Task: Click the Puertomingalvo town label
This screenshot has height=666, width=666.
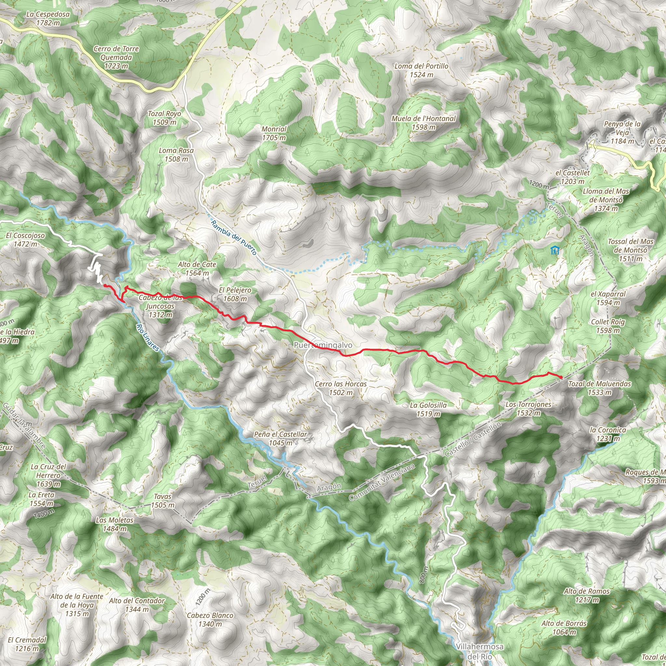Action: (x=323, y=345)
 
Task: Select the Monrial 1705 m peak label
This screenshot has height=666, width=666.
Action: (x=274, y=133)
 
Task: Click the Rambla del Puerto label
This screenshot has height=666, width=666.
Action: (x=234, y=238)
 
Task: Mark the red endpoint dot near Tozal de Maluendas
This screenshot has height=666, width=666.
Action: (x=561, y=378)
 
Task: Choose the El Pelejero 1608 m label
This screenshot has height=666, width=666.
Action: (x=235, y=294)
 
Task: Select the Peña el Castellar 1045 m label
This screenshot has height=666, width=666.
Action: (x=281, y=438)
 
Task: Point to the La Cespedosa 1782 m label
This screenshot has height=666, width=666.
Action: (x=48, y=19)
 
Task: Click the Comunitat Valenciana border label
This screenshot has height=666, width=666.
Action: (x=381, y=482)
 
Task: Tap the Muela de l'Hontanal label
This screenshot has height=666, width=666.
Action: (x=424, y=123)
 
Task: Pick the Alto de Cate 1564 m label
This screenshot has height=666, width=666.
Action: (x=197, y=269)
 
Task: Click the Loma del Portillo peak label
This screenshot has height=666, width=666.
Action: (x=421, y=70)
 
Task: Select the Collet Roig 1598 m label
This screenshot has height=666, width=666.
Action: (x=608, y=326)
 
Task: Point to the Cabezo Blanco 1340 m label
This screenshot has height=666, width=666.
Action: (x=210, y=619)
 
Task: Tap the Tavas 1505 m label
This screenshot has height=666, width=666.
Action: (x=163, y=501)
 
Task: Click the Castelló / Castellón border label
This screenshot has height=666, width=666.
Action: (x=473, y=440)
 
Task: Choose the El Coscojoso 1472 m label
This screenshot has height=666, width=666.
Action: (x=25, y=240)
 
